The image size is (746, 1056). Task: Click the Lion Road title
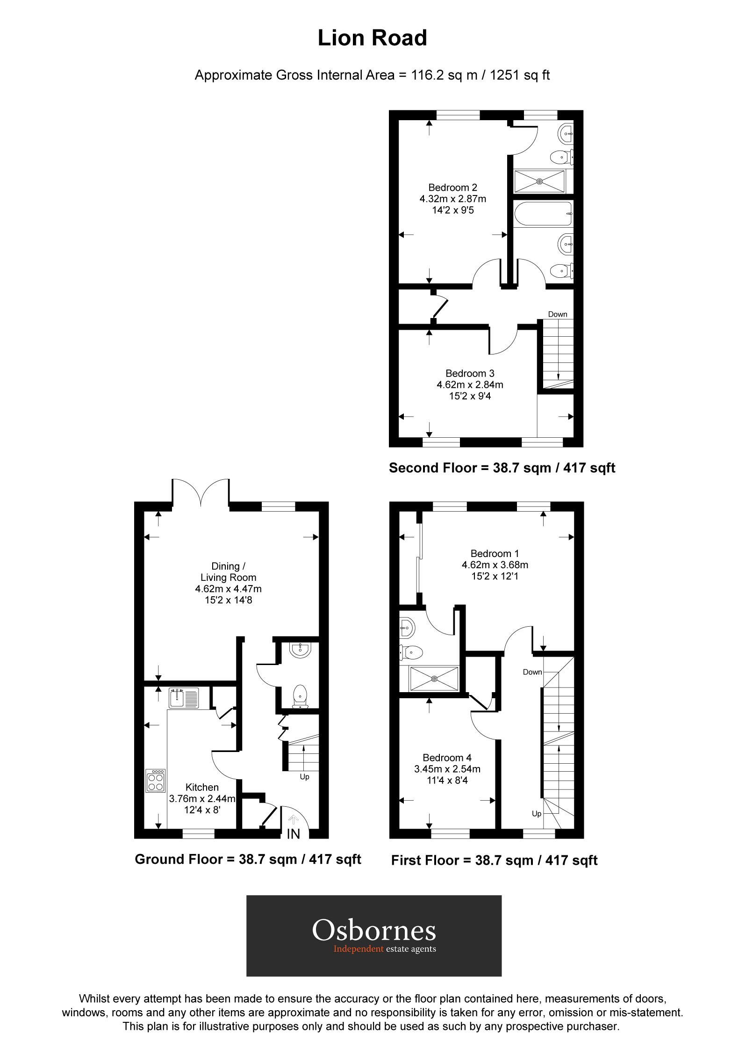point(373,38)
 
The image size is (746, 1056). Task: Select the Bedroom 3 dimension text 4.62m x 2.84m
point(470,385)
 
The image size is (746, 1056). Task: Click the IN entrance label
point(294,834)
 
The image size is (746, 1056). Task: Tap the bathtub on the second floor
point(542,214)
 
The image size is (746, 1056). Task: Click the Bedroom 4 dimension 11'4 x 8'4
point(447,781)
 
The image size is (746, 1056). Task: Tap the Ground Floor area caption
point(248,859)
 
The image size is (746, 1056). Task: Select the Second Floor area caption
point(502,468)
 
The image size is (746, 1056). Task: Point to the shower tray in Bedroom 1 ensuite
point(434,679)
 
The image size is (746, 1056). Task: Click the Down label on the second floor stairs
point(558,314)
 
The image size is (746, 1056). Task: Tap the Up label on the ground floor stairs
point(304,777)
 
